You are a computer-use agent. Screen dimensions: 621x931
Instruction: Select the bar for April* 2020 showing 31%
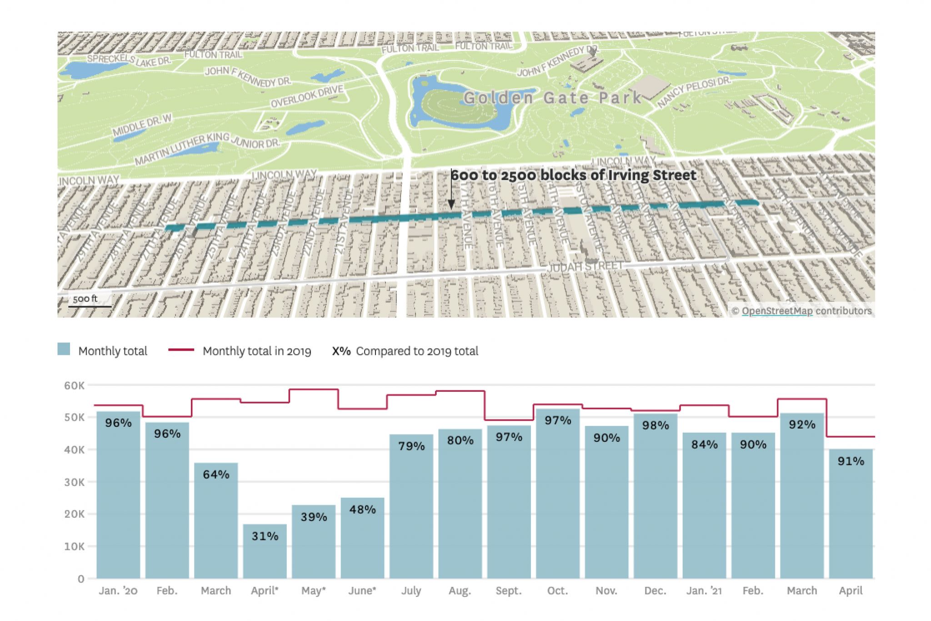[x=265, y=553]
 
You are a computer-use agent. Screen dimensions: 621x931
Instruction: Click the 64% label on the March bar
[x=216, y=475]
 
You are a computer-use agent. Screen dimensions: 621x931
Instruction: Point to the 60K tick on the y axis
[x=75, y=386]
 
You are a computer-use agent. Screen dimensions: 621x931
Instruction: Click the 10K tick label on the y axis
[x=75, y=546]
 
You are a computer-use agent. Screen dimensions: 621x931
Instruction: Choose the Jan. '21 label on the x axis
[x=704, y=591]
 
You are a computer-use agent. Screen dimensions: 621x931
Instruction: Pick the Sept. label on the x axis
[x=508, y=591]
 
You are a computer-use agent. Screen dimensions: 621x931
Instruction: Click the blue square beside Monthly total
[x=64, y=349]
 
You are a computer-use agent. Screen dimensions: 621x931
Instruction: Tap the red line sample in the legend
[x=181, y=350]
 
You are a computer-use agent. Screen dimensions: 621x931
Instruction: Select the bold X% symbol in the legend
[x=341, y=351]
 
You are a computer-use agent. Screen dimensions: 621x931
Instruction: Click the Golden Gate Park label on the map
[x=552, y=98]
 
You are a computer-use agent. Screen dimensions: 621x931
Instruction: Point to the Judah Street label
[x=585, y=267]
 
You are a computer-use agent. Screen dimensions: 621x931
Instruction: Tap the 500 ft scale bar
[x=89, y=306]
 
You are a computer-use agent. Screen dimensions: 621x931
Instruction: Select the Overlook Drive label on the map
[x=307, y=96]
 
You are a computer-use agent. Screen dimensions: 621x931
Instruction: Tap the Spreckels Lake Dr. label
[x=129, y=60]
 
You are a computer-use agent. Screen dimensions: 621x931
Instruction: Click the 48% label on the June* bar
[x=362, y=510]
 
